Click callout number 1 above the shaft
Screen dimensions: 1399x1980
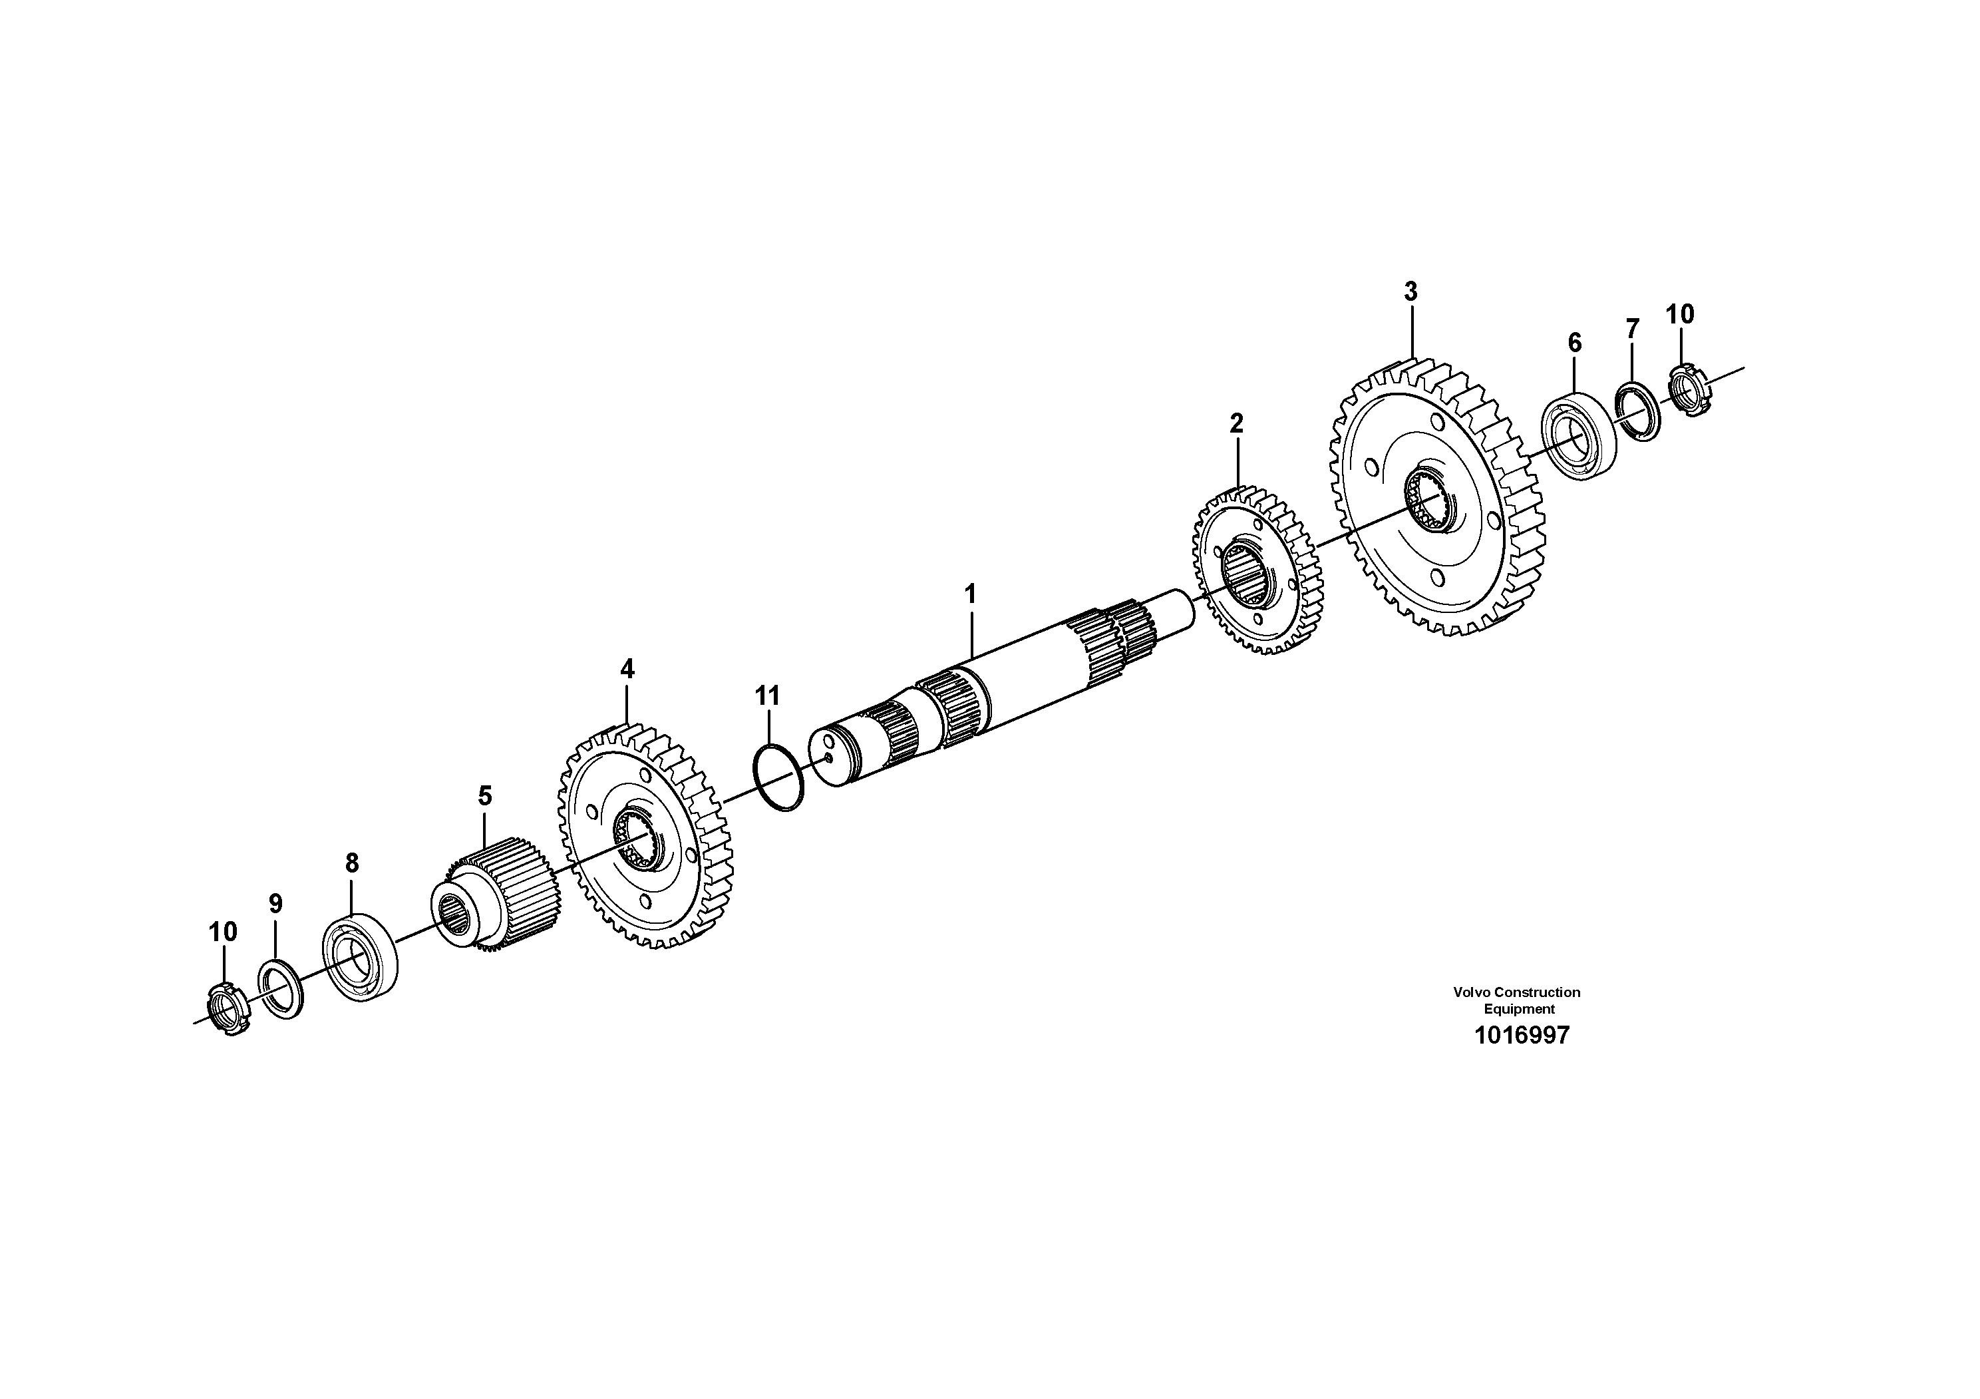970,594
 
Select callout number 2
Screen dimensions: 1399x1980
1237,423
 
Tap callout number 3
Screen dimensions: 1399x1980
1410,292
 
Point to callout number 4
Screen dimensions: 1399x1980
627,668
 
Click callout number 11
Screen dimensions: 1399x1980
768,696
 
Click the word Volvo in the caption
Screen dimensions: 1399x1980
1472,993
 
